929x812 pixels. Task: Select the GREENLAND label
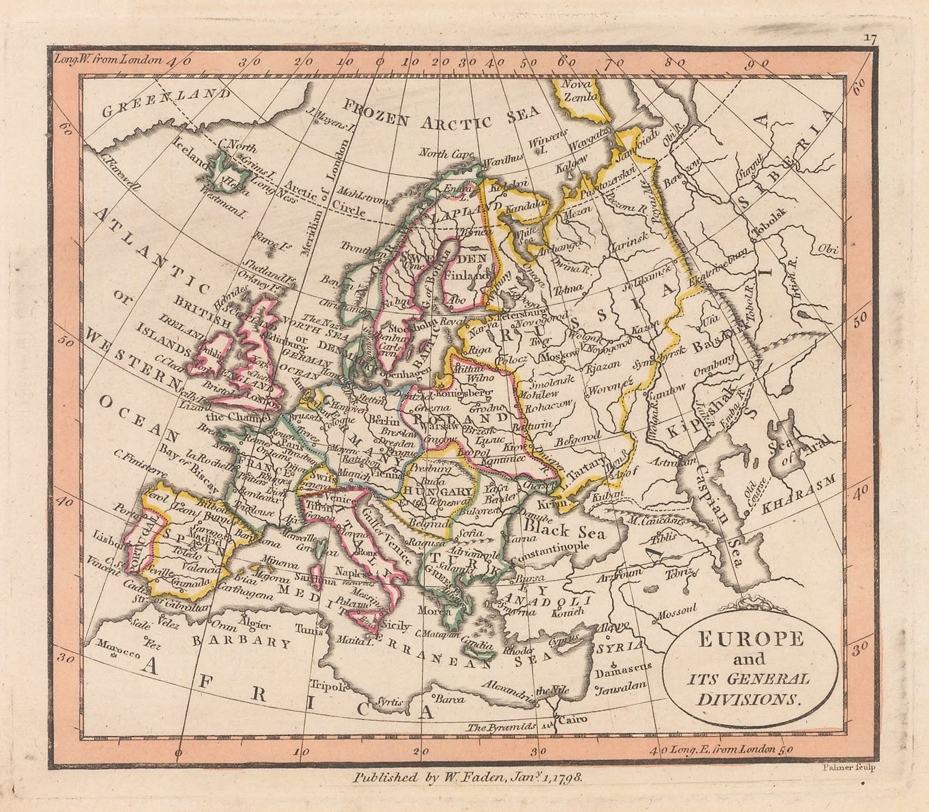[165, 102]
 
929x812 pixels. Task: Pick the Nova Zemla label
[579, 91]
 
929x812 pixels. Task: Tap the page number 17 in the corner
[870, 38]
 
